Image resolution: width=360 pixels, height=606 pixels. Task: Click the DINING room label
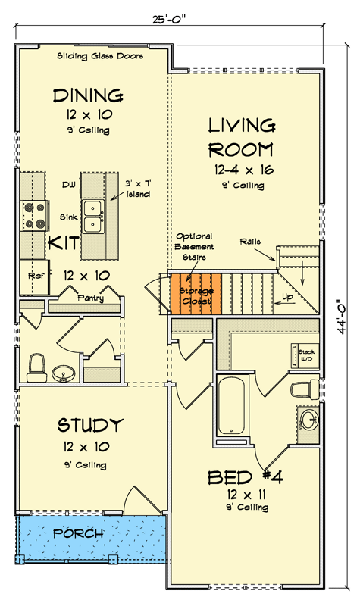tap(88, 95)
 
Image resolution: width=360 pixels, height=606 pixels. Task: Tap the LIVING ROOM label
tap(242, 138)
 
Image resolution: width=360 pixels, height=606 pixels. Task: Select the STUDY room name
tap(90, 425)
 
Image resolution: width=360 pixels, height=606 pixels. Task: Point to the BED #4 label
tap(245, 478)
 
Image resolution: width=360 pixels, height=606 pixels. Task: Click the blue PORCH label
tap(78, 534)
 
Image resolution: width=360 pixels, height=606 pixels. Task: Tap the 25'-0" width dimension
tap(169, 20)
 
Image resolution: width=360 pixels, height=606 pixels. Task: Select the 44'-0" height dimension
tap(341, 317)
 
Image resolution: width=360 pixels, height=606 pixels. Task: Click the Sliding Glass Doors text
tap(100, 56)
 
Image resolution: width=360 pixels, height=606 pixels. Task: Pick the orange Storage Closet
tap(196, 294)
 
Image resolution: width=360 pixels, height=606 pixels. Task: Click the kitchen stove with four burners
tap(34, 216)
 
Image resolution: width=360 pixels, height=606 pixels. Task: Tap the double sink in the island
tap(93, 217)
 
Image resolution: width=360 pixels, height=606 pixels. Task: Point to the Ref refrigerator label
tap(35, 276)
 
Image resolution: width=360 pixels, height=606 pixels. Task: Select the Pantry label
tap(90, 298)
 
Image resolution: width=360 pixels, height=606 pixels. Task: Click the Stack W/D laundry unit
tap(305, 355)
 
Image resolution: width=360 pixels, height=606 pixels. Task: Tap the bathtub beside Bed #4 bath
tap(230, 406)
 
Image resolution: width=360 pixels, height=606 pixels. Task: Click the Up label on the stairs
tap(288, 298)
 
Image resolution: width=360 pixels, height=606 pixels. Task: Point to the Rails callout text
tap(250, 242)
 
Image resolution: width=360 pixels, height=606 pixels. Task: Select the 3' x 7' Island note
tap(138, 189)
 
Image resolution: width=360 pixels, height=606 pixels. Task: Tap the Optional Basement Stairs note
tap(194, 247)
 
